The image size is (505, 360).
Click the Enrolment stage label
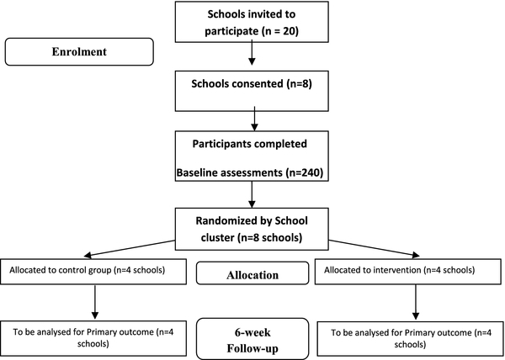(x=79, y=52)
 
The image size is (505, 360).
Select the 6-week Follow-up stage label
(x=252, y=339)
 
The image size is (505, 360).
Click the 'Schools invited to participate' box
(x=252, y=22)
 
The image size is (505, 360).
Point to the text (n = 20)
(x=279, y=31)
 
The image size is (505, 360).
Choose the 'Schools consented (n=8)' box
(x=252, y=91)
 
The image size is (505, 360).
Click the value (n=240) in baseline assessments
(x=304, y=172)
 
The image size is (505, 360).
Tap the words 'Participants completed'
(x=250, y=144)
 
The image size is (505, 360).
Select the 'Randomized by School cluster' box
(x=252, y=229)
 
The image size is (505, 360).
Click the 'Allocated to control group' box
(x=93, y=272)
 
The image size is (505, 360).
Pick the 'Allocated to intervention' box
(x=407, y=272)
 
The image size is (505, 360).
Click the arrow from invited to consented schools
(x=252, y=52)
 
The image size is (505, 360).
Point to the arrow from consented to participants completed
(x=254, y=119)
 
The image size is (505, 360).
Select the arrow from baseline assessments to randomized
(x=252, y=194)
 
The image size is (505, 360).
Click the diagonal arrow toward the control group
(x=130, y=248)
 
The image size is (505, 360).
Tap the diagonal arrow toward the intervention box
(x=374, y=249)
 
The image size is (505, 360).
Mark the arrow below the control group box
(x=95, y=302)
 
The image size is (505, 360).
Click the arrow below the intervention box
(x=416, y=302)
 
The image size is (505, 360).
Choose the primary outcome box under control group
(x=93, y=338)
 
